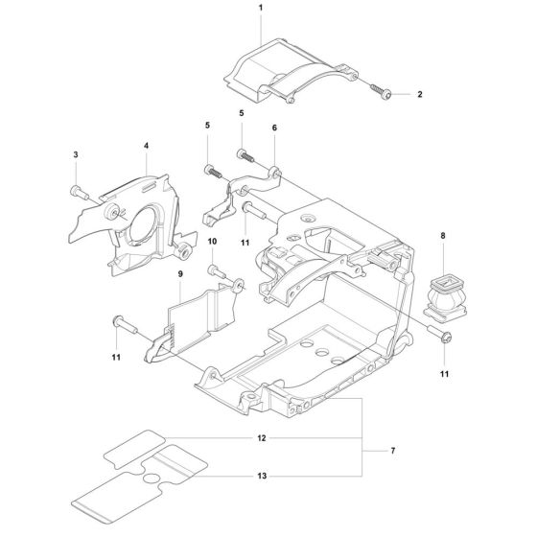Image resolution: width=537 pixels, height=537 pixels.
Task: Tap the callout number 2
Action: pyautogui.click(x=419, y=95)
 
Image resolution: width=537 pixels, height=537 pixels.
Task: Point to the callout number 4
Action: pyautogui.click(x=146, y=147)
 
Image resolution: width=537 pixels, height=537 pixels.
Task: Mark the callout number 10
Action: pyautogui.click(x=213, y=242)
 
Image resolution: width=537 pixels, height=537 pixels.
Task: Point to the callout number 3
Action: pyautogui.click(x=75, y=153)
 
